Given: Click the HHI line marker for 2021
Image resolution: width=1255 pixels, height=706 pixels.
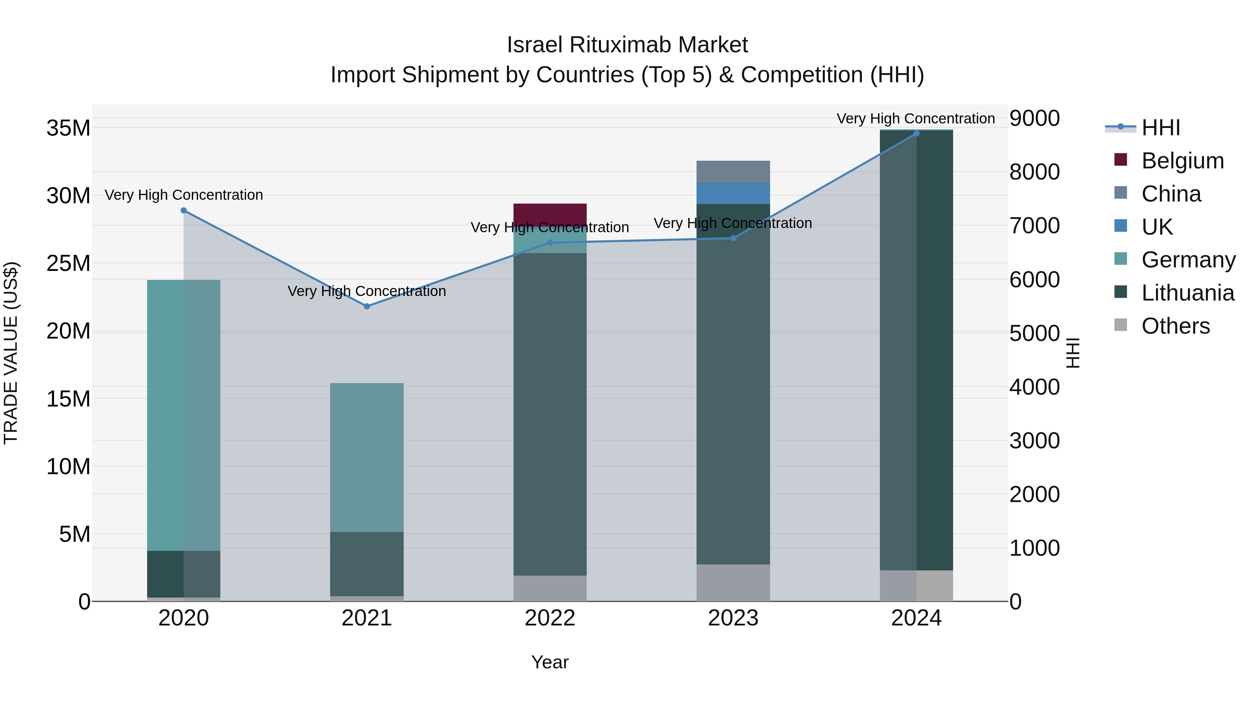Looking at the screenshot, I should pyautogui.click(x=367, y=306).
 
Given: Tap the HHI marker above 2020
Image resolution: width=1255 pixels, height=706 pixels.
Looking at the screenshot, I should pyautogui.click(x=184, y=211).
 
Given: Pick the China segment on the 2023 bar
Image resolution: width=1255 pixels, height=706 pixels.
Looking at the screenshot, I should pyautogui.click(x=733, y=172).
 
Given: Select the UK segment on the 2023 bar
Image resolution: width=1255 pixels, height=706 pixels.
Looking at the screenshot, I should pyautogui.click(x=733, y=193).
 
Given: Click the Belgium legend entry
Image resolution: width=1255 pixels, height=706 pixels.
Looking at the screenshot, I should pyautogui.click(x=1182, y=161).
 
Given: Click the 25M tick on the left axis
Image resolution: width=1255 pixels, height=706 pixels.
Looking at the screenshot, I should pyautogui.click(x=68, y=264).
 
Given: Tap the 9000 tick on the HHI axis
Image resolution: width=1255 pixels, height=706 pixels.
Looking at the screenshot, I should pyautogui.click(x=1034, y=119).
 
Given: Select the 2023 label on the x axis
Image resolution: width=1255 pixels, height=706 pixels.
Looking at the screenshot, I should pyautogui.click(x=733, y=618).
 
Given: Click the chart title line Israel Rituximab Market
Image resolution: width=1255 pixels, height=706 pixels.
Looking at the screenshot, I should pyautogui.click(x=627, y=45).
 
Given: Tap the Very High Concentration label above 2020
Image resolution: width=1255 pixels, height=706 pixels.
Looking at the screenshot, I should pyautogui.click(x=184, y=195).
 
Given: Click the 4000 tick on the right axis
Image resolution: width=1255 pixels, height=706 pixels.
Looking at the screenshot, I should pyautogui.click(x=1034, y=387).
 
